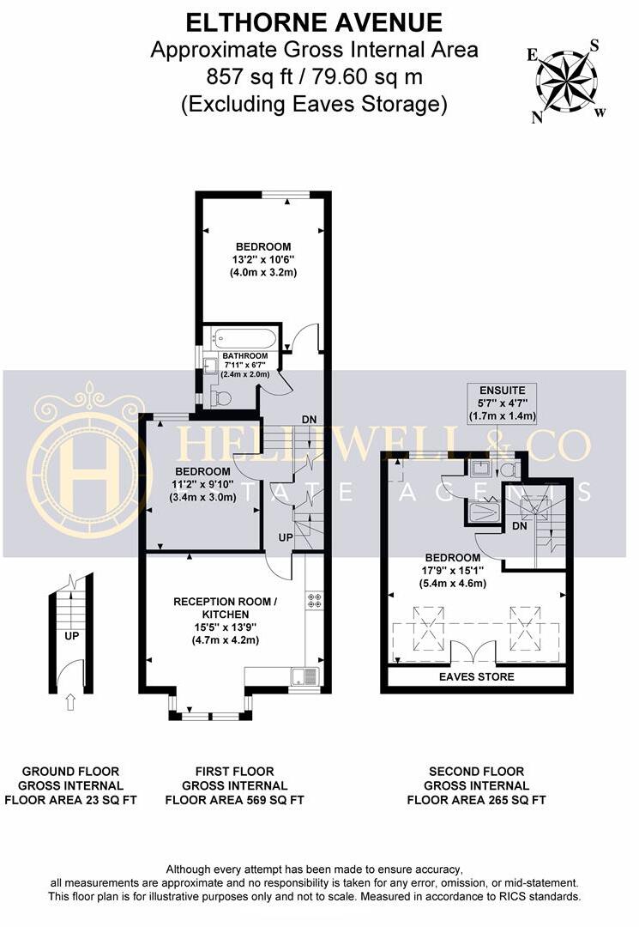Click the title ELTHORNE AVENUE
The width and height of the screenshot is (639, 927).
pyautogui.click(x=314, y=23)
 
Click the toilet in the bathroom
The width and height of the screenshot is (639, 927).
pyautogui.click(x=221, y=397)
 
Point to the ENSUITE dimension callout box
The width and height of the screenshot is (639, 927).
pyautogui.click(x=502, y=403)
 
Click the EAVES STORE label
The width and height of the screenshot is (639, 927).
pyautogui.click(x=477, y=676)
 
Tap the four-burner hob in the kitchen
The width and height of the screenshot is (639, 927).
pyautogui.click(x=314, y=600)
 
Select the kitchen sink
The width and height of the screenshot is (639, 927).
pyautogui.click(x=304, y=676)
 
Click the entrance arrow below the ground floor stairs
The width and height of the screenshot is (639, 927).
pyautogui.click(x=70, y=702)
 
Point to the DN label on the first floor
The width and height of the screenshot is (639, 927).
pyautogui.click(x=309, y=419)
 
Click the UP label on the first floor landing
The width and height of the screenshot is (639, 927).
pyautogui.click(x=286, y=537)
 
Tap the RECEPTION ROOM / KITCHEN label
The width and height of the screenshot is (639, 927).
pyautogui.click(x=225, y=608)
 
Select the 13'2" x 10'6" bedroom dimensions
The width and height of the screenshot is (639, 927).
pyautogui.click(x=262, y=259)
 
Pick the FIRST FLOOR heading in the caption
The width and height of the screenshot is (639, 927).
pyautogui.click(x=234, y=772)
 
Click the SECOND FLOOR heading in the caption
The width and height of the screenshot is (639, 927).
pyautogui.click(x=477, y=772)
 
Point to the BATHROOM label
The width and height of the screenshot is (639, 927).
pyautogui.click(x=245, y=356)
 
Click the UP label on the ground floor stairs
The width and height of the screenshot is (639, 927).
pyautogui.click(x=71, y=636)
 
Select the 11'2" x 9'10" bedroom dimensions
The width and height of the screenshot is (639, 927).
pyautogui.click(x=202, y=484)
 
